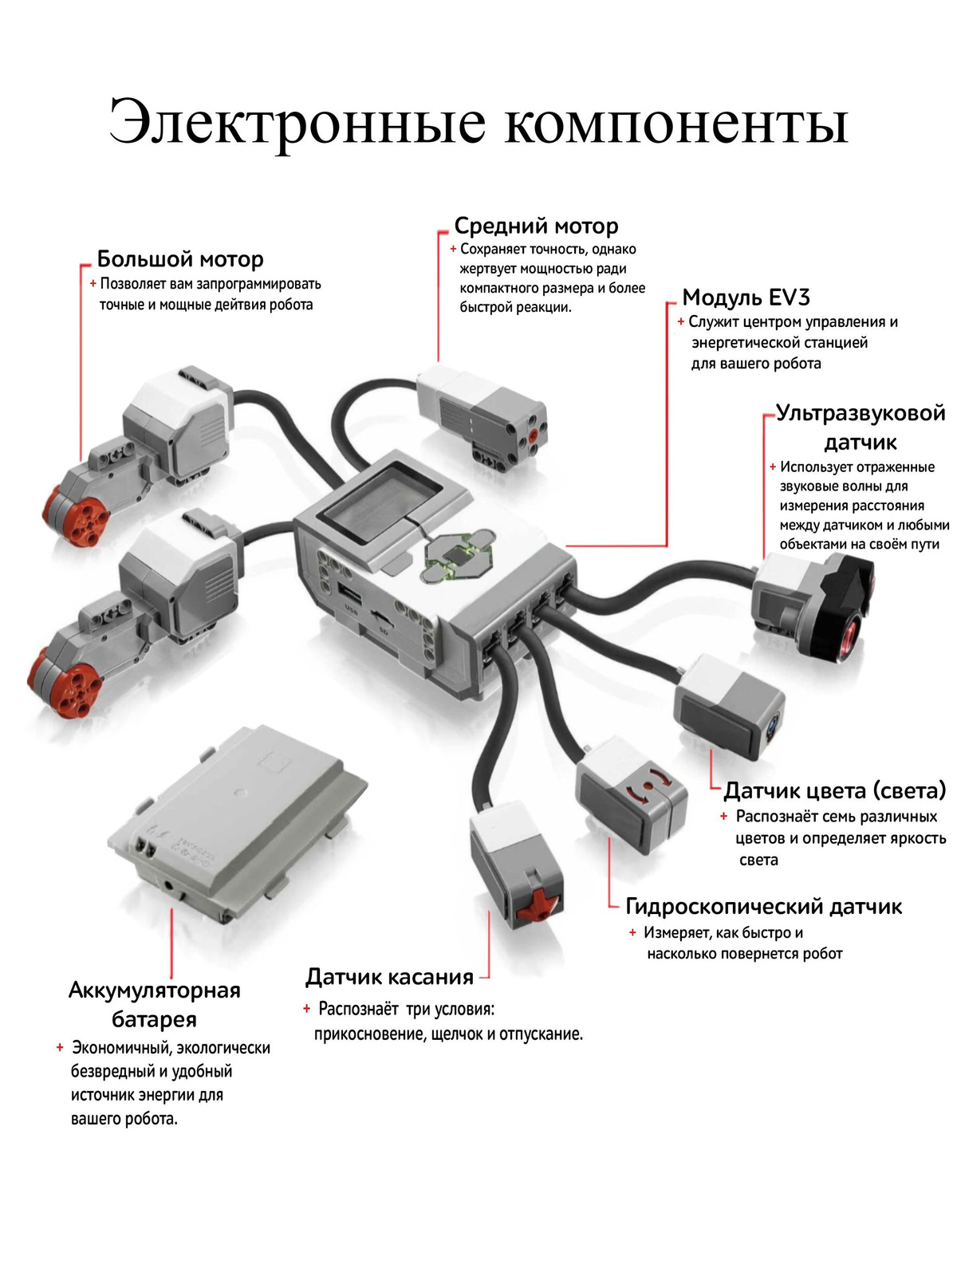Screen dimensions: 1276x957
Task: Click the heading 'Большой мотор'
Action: [x=180, y=259]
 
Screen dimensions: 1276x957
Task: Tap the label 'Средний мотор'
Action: [x=536, y=226]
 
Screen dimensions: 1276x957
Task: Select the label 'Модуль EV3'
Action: [x=746, y=297]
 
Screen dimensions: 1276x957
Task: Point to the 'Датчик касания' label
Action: [x=389, y=977]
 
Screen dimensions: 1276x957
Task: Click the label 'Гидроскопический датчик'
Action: [x=763, y=907]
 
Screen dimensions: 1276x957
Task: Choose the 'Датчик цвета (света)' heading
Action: [x=834, y=790]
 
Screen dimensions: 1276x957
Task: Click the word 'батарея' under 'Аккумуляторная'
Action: [x=154, y=1019]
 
